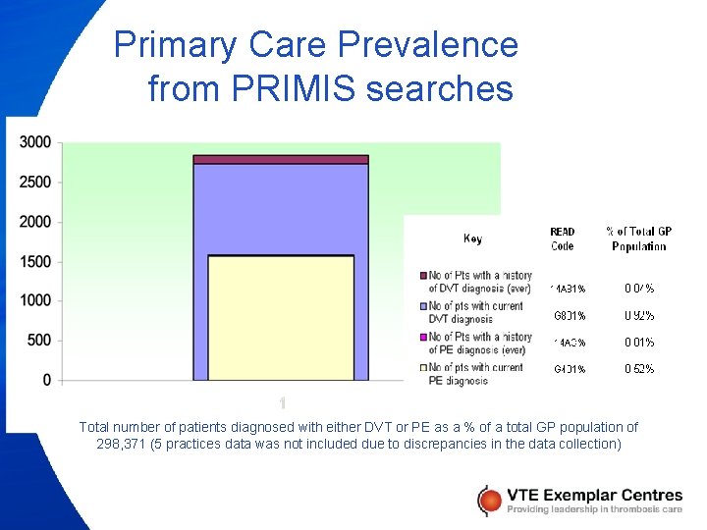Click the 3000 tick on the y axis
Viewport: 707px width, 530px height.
[34, 142]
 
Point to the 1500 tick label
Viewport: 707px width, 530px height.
[34, 261]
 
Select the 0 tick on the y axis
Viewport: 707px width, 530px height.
[46, 380]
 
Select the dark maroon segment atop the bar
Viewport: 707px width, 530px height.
[281, 159]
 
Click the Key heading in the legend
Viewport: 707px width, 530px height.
[472, 238]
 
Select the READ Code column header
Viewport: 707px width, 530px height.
[563, 238]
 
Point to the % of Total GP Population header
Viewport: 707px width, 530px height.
[639, 238]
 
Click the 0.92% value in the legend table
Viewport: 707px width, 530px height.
[639, 316]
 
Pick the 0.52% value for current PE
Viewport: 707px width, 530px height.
[639, 369]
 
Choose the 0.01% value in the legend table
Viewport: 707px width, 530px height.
[639, 343]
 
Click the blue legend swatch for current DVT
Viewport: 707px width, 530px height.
[423, 306]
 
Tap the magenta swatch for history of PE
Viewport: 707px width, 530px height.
[423, 337]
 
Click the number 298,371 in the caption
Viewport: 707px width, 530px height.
[124, 444]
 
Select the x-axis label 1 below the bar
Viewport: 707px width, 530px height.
[282, 402]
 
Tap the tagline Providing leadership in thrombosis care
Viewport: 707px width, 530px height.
[594, 508]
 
